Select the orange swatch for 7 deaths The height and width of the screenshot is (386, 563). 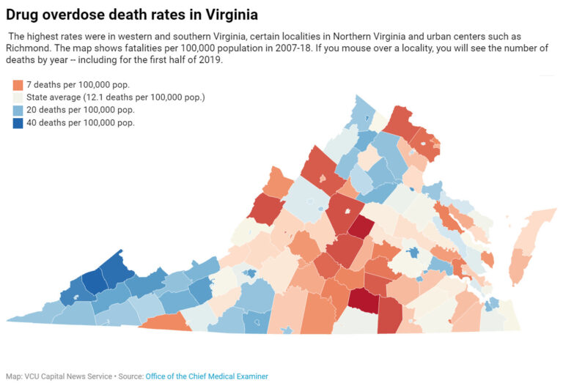click(x=18, y=85)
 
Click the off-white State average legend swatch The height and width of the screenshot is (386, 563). click(x=18, y=97)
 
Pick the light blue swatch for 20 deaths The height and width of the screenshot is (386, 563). click(x=18, y=110)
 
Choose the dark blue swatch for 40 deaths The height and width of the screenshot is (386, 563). click(x=18, y=122)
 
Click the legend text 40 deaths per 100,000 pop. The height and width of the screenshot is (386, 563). click(x=81, y=122)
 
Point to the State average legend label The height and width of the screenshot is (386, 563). click(x=115, y=97)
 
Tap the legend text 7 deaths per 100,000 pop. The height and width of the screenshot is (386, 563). click(x=78, y=85)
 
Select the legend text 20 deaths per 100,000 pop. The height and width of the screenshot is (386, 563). click(x=81, y=110)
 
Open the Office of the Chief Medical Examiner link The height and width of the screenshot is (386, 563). click(x=207, y=376)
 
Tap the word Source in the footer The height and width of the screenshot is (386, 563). click(x=130, y=376)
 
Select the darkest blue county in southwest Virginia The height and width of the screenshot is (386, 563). click(x=93, y=281)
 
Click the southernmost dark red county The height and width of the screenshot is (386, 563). click(x=365, y=300)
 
